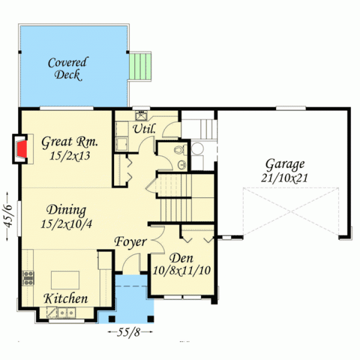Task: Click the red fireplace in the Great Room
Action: [22, 149]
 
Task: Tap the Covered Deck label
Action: [67, 68]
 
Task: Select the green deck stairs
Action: [140, 66]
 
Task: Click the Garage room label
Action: [285, 164]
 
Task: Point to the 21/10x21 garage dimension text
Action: [284, 178]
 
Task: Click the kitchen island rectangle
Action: [65, 280]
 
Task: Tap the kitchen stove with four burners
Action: [28, 278]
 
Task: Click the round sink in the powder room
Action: [182, 164]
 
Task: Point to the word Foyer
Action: [130, 242]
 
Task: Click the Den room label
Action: [181, 258]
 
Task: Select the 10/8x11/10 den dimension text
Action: [181, 270]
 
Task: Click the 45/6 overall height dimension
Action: [8, 216]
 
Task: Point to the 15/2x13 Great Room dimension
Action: [70, 155]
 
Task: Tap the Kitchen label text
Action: [65, 298]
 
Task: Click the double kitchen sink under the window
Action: [66, 312]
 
